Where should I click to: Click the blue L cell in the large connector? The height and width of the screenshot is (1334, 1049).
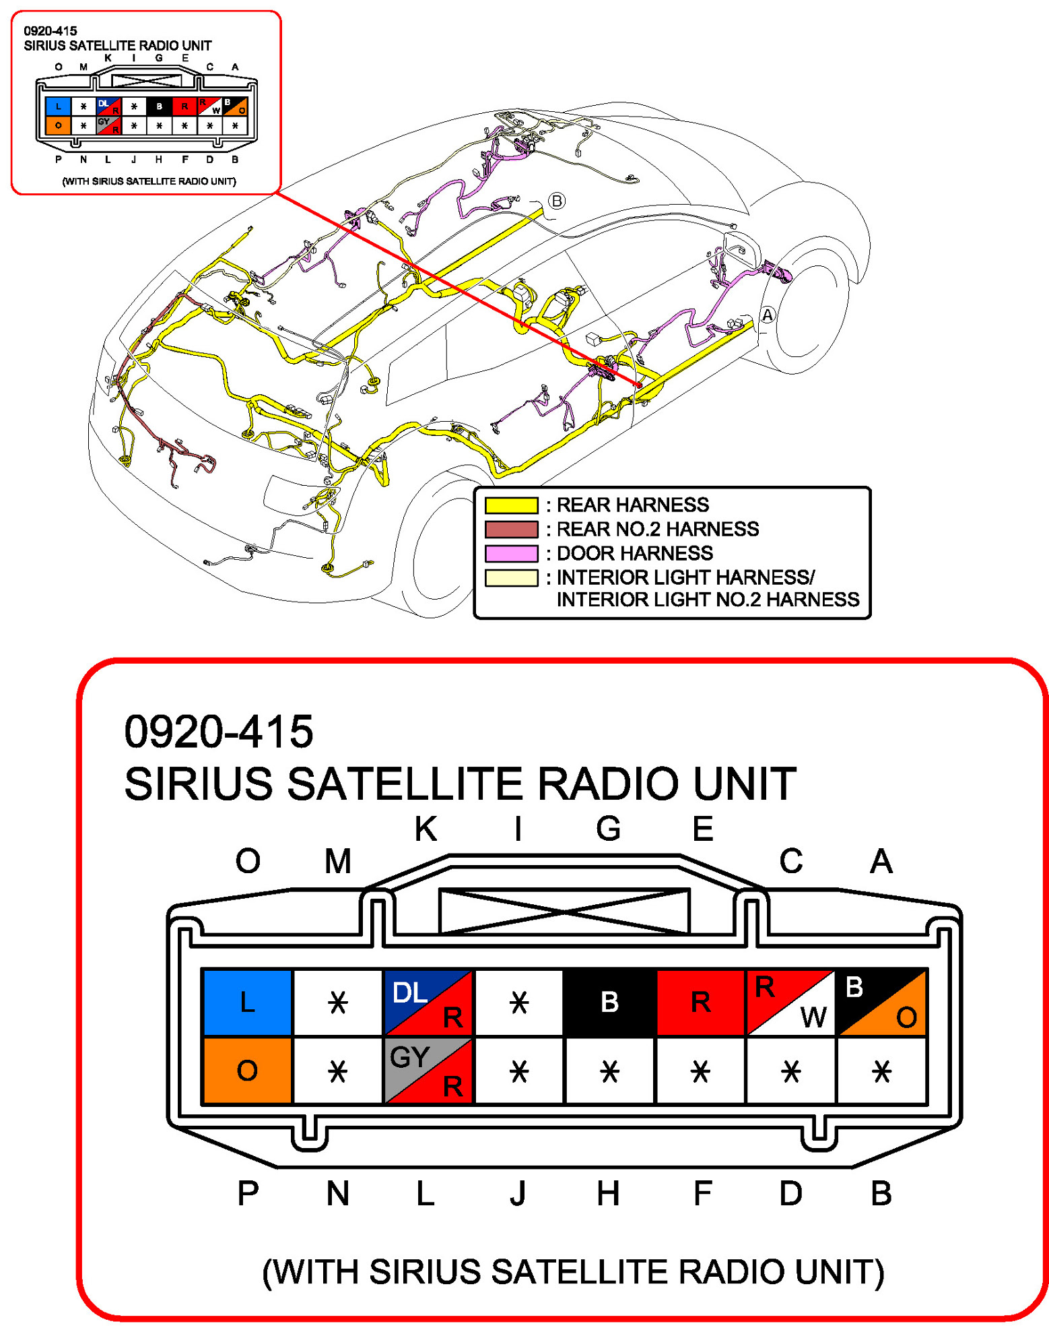pos(247,1002)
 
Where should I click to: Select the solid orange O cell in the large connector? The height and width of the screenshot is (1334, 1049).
pos(247,1070)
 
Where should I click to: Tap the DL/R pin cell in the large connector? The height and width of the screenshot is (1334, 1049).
pos(428,1002)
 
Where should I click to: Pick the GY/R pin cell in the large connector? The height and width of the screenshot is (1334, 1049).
pos(428,1070)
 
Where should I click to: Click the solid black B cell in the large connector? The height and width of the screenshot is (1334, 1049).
pos(609,1002)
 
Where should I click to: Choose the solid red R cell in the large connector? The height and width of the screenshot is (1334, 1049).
pos(700,1002)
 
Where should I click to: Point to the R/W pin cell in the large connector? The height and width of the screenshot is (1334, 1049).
pos(790,1002)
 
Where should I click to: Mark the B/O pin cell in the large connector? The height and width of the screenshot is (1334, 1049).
pos(881,1002)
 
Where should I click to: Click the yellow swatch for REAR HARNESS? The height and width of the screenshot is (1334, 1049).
pos(512,505)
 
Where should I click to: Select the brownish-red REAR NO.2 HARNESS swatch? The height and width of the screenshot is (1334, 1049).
pos(512,530)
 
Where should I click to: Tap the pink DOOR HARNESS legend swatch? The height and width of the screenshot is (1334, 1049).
pos(512,554)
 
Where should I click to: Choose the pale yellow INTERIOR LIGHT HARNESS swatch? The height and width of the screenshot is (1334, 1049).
pos(512,578)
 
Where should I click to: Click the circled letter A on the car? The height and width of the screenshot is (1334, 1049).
pos(768,315)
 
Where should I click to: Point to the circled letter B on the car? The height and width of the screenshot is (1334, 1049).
pos(557,201)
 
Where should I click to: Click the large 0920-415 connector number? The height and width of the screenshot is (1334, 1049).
pos(219,732)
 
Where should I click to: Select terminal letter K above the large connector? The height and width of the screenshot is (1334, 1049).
pos(426,829)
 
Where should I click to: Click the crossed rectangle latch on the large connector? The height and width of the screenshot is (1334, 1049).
pos(564,911)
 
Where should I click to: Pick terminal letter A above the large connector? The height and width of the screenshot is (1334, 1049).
pos(881,861)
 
